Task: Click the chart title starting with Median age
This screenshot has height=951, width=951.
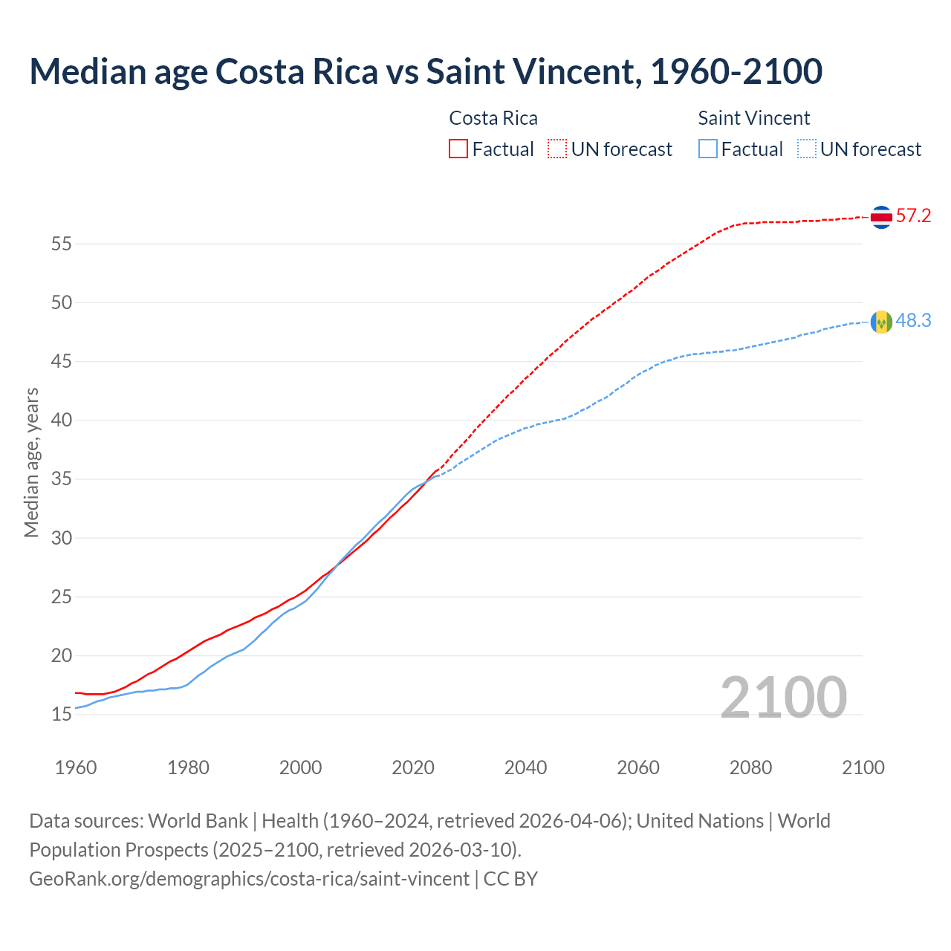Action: point(426,71)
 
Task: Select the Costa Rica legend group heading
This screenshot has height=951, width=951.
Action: point(493,118)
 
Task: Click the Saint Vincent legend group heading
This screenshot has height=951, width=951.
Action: point(753,118)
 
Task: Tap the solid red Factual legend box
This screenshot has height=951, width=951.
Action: point(458,149)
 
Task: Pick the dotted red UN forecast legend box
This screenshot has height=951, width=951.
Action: point(557,149)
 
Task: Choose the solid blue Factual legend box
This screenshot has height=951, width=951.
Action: point(708,149)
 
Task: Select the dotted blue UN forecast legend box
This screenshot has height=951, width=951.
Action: point(806,149)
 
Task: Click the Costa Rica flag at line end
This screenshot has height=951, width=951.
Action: point(881,217)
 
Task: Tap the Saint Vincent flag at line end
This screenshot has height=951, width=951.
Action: point(881,322)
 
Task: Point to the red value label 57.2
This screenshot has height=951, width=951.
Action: point(913,216)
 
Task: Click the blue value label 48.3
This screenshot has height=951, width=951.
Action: point(913,321)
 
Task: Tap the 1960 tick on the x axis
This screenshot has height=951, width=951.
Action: point(76,767)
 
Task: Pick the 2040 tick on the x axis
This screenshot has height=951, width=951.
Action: point(525,767)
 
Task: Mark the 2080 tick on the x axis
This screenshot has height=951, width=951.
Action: point(750,767)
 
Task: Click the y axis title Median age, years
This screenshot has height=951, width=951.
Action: point(31,462)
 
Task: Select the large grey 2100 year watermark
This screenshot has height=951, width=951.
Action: point(783,698)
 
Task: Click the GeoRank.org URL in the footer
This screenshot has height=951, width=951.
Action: point(249,879)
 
